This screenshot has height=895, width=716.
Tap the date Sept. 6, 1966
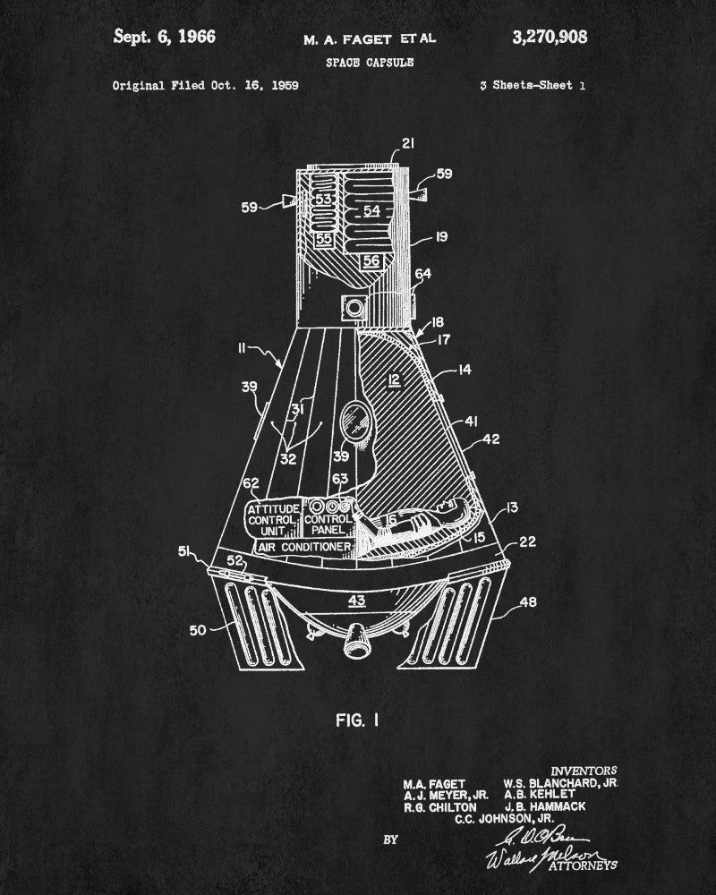coord(165,37)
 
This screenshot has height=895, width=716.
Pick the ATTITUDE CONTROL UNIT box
coord(274,519)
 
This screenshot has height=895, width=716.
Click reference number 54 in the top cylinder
coord(371,210)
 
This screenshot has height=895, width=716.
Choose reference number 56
coord(371,260)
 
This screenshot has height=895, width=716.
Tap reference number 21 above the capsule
coord(408,144)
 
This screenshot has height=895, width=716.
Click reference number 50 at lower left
coord(197,630)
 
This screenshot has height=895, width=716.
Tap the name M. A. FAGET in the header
coord(344,39)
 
